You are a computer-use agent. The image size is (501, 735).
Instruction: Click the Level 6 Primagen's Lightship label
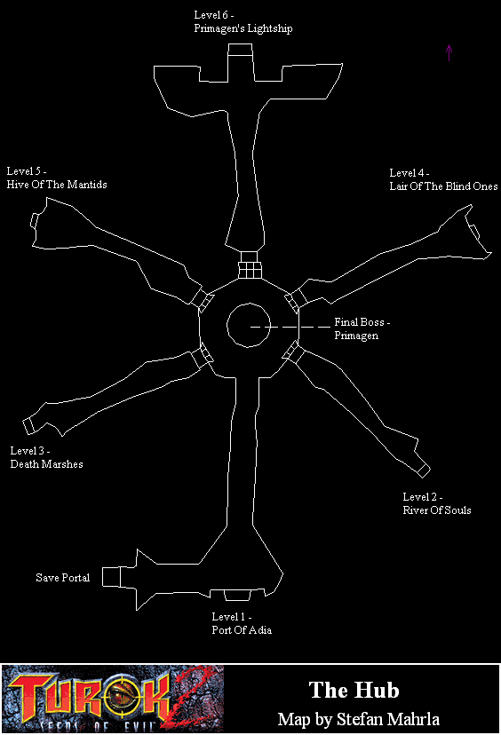coord(243,22)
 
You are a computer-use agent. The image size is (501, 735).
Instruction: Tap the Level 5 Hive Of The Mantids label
coord(57,178)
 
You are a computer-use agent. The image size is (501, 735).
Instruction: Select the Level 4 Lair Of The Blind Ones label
coord(443,180)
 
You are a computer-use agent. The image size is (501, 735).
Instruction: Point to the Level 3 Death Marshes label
coord(46,457)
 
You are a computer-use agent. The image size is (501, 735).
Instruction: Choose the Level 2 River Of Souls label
coord(437,504)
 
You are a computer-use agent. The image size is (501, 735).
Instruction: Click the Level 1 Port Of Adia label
coord(242,623)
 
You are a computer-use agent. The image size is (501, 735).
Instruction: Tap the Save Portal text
coord(63,578)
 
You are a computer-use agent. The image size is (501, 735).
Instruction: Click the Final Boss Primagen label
coord(362,328)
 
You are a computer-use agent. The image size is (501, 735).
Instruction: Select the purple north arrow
coord(449,52)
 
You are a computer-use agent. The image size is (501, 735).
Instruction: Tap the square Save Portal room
coord(111,577)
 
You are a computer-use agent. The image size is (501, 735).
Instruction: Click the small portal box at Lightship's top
coord(240,49)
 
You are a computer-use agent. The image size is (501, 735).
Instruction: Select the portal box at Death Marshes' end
coord(28,425)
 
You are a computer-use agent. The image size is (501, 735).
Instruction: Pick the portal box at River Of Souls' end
coord(424,470)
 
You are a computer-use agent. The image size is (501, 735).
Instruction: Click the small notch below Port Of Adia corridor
coord(237,596)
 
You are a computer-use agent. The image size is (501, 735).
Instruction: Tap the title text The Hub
coord(354,690)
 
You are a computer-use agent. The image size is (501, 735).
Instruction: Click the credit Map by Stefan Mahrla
coord(358,719)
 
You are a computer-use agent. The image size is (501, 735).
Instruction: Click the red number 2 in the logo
coord(189,699)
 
